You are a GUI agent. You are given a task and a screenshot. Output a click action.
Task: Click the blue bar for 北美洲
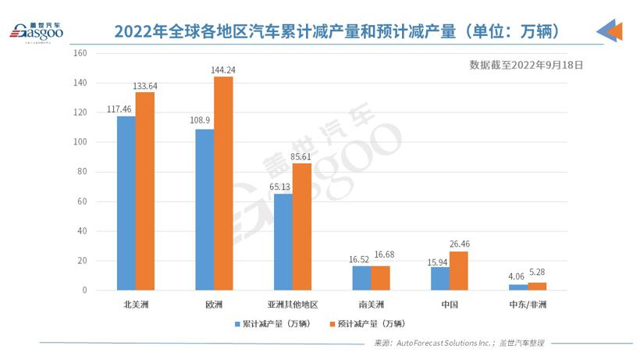pos(126,203)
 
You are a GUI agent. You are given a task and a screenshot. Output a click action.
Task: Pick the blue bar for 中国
pos(439,278)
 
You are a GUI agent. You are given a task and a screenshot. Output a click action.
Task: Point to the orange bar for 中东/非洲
pos(537,286)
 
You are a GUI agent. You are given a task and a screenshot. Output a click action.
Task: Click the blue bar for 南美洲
pos(361,277)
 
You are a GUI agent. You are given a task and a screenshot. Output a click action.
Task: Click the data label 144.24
pos(223,70)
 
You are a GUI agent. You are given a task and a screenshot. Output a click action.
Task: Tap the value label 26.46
pos(460,244)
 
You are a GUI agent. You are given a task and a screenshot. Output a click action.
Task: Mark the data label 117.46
pos(121,110)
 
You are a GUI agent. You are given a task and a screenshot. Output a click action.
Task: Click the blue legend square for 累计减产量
pos(237,323)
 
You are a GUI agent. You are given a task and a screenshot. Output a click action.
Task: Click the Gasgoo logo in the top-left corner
pos(35,31)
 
